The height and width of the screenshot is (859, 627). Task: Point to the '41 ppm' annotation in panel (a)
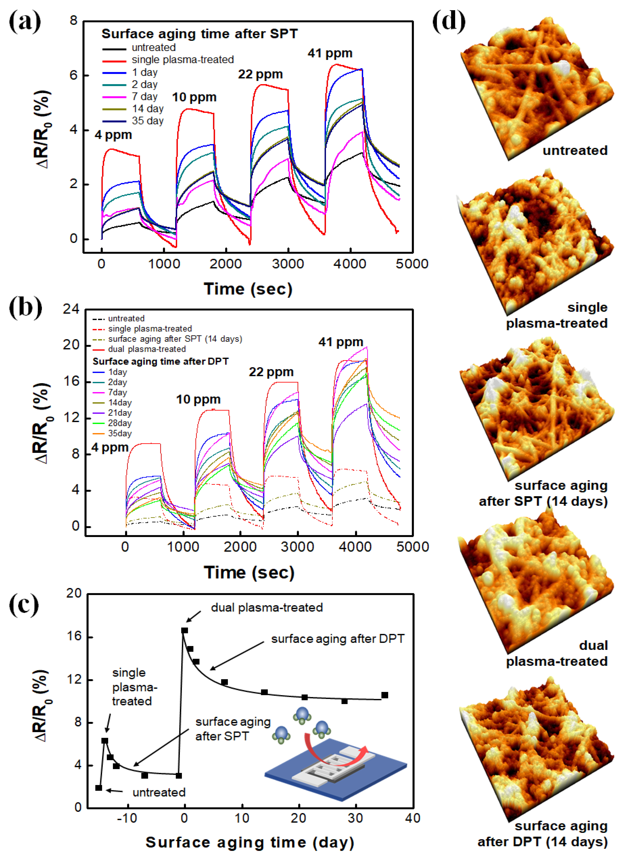tap(330, 53)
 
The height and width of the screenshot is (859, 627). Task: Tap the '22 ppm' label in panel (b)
tap(271, 372)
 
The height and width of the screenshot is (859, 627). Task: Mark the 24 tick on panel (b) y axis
tap(71, 309)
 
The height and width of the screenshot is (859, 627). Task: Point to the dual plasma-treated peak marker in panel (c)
tap(184, 630)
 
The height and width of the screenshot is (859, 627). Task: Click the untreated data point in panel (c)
tap(99, 788)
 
